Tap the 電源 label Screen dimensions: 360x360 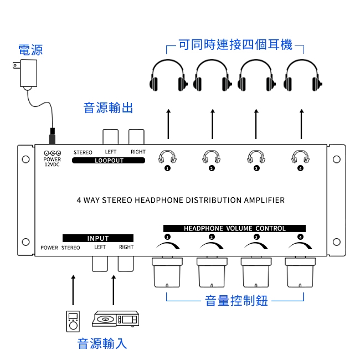click(x=30, y=50)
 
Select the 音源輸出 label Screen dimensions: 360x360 click(x=108, y=107)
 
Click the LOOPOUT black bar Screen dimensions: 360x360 click(x=109, y=161)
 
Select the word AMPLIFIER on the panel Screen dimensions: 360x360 click(x=264, y=200)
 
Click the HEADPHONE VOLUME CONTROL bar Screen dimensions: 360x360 click(x=234, y=228)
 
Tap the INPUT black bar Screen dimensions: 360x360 click(x=98, y=238)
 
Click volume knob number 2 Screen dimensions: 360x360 click(x=212, y=272)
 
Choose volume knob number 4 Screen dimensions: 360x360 click(x=301, y=272)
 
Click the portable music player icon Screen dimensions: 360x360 click(x=73, y=321)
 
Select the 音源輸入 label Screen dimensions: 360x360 click(x=102, y=343)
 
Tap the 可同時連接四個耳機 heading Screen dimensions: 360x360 click(x=235, y=45)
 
